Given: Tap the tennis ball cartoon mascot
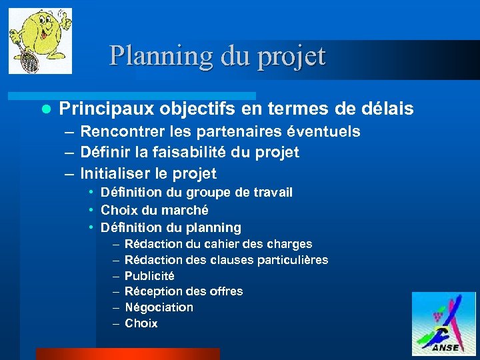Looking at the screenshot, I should point(40,40).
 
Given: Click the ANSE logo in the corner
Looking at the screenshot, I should point(443,323).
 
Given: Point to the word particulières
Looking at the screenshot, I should point(291,260).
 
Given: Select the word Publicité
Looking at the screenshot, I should point(149,276).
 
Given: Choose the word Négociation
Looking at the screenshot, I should point(159,307).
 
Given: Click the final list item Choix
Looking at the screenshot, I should point(141,323).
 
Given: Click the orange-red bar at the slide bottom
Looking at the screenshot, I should point(127,353).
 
